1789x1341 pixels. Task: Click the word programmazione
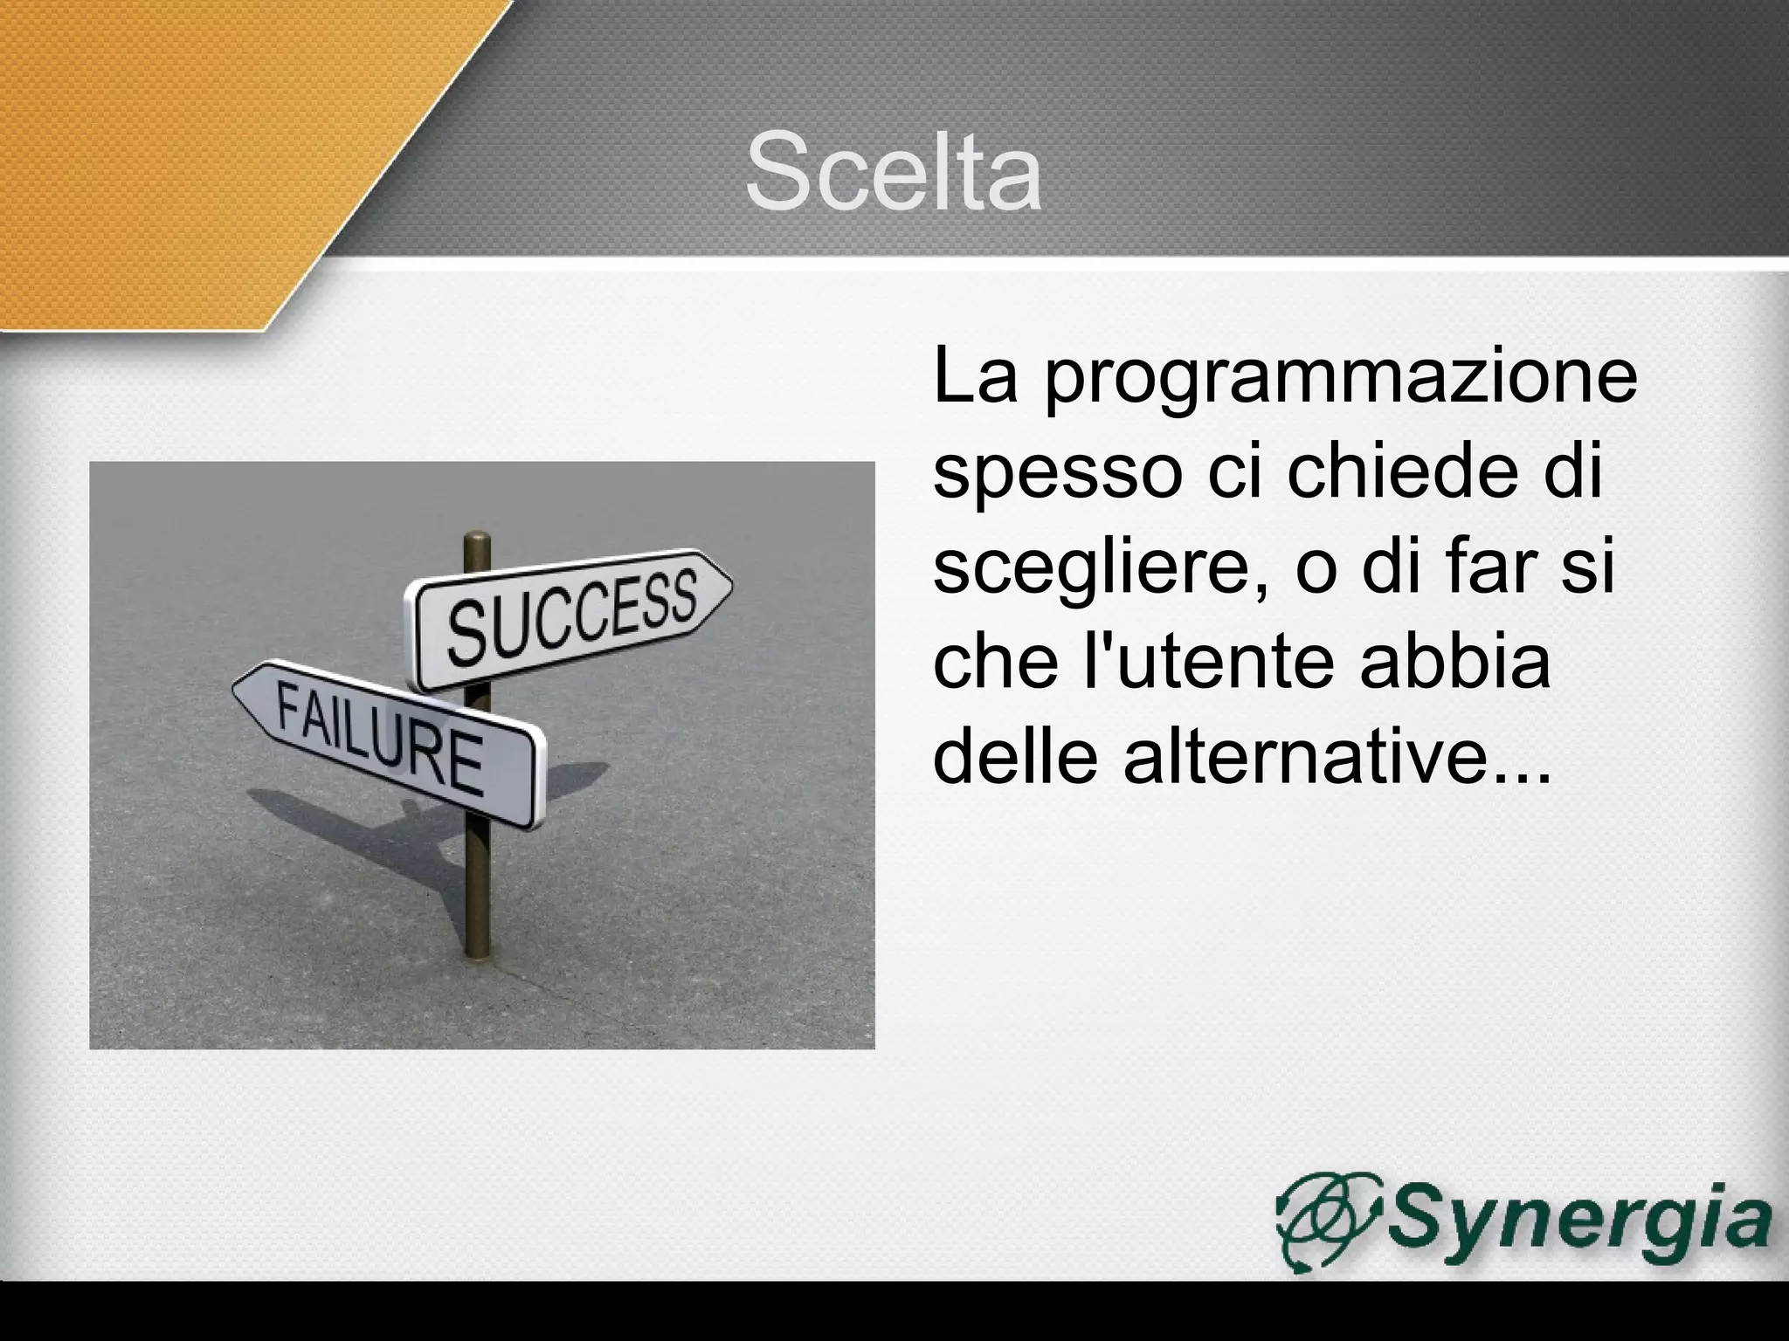[1340, 378]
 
